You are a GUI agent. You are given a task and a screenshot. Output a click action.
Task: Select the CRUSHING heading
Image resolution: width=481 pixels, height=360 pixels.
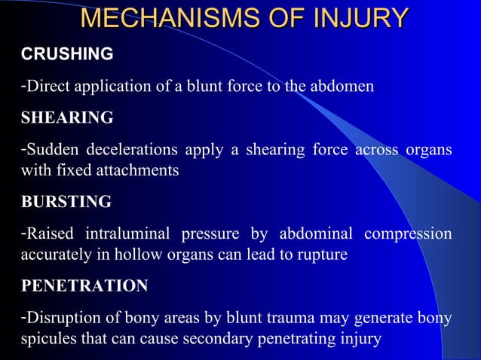[67, 54]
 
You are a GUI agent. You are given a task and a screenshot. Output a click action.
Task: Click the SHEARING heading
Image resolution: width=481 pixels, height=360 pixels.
[67, 118]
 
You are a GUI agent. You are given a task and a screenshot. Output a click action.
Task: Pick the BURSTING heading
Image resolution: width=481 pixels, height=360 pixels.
[66, 203]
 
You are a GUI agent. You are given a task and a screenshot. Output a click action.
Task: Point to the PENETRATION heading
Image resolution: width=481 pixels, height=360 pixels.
[84, 287]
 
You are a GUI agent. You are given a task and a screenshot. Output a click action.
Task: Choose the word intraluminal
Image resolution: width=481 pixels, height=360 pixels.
[130, 235]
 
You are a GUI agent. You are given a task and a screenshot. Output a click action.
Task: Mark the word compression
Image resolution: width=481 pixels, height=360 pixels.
[408, 235]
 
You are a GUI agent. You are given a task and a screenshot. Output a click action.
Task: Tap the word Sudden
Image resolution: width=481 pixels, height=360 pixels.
[49, 151]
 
